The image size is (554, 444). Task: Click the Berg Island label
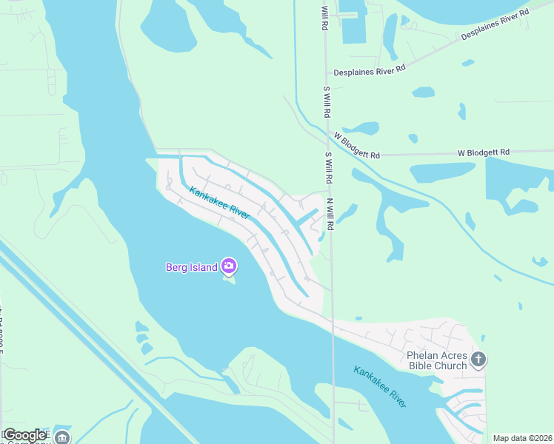click(191, 266)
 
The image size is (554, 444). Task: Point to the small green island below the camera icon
click(229, 280)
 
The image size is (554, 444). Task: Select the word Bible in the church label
click(422, 366)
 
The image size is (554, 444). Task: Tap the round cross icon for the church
click(478, 360)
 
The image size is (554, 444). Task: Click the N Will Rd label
click(331, 214)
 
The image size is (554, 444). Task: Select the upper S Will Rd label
click(326, 103)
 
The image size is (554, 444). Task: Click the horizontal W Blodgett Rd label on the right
click(484, 152)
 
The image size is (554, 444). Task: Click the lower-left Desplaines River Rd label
click(369, 69)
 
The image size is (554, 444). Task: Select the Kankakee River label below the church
click(380, 387)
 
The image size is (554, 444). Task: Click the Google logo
click(24, 435)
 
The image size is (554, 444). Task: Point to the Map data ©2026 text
click(522, 438)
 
